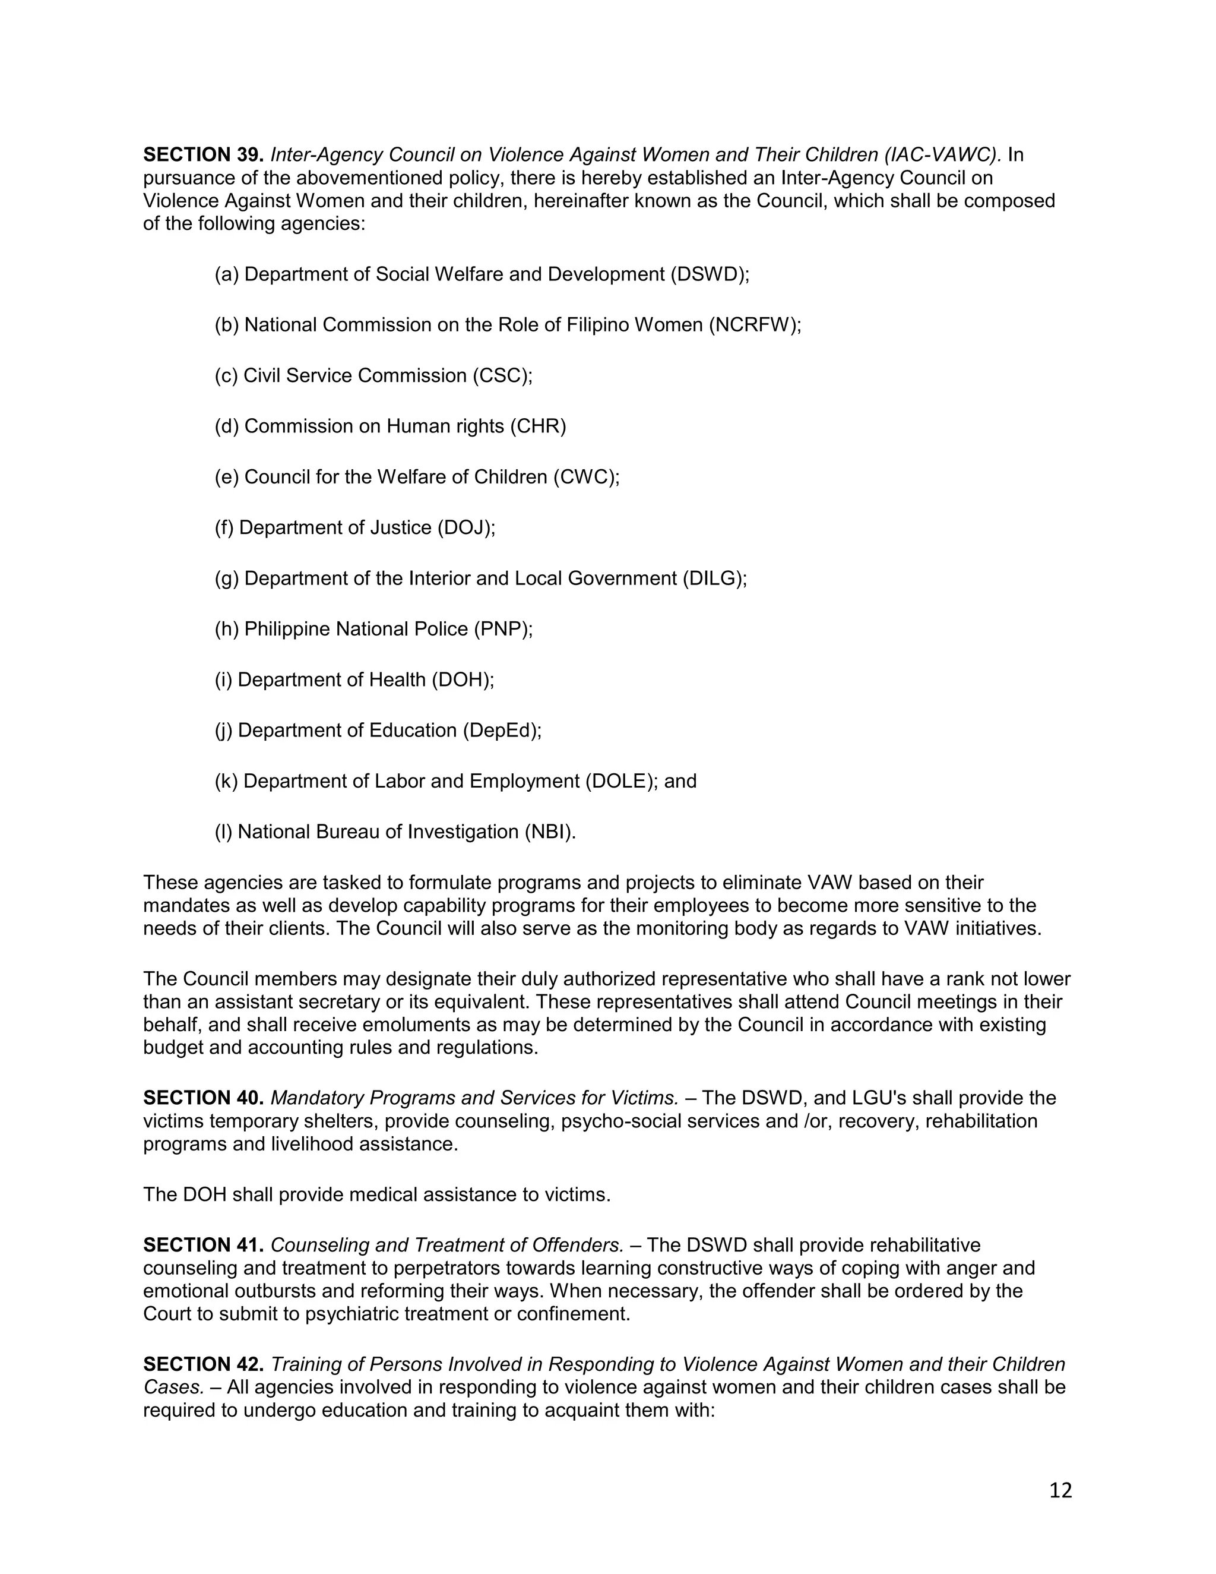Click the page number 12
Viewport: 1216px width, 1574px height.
tap(1060, 1490)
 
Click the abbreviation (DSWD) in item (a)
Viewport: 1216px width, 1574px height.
tap(709, 274)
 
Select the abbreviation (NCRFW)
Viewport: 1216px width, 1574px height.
tap(753, 325)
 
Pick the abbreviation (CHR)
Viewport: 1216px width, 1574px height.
tap(538, 426)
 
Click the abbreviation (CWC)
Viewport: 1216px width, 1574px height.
tap(585, 477)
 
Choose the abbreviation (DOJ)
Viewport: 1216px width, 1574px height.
tap(465, 528)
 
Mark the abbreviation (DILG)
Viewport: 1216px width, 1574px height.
tap(714, 579)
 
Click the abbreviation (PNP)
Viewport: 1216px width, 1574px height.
tap(502, 629)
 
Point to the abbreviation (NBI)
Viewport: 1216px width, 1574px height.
tap(550, 832)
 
